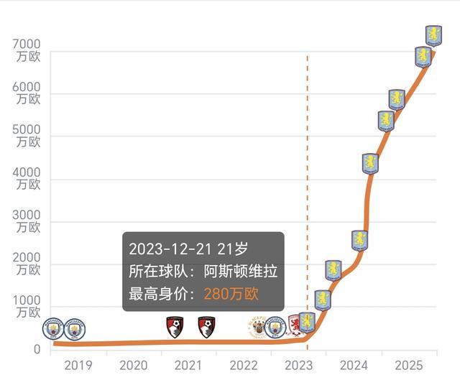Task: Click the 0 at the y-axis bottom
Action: [35, 349]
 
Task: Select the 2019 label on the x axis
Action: [78, 365]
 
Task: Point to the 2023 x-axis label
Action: [298, 365]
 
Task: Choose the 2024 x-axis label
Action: [354, 365]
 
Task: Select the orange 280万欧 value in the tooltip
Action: [231, 294]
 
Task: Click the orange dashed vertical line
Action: [308, 180]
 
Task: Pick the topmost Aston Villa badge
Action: [433, 34]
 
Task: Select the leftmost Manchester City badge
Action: [53, 329]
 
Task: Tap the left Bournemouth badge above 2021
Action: [175, 328]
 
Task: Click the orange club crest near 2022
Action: [256, 328]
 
